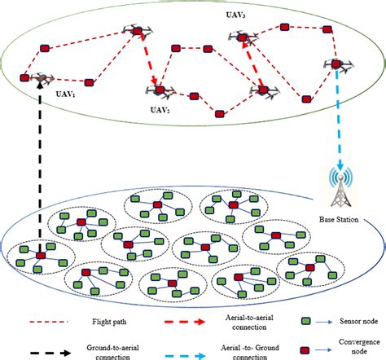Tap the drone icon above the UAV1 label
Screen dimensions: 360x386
(x=41, y=77)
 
